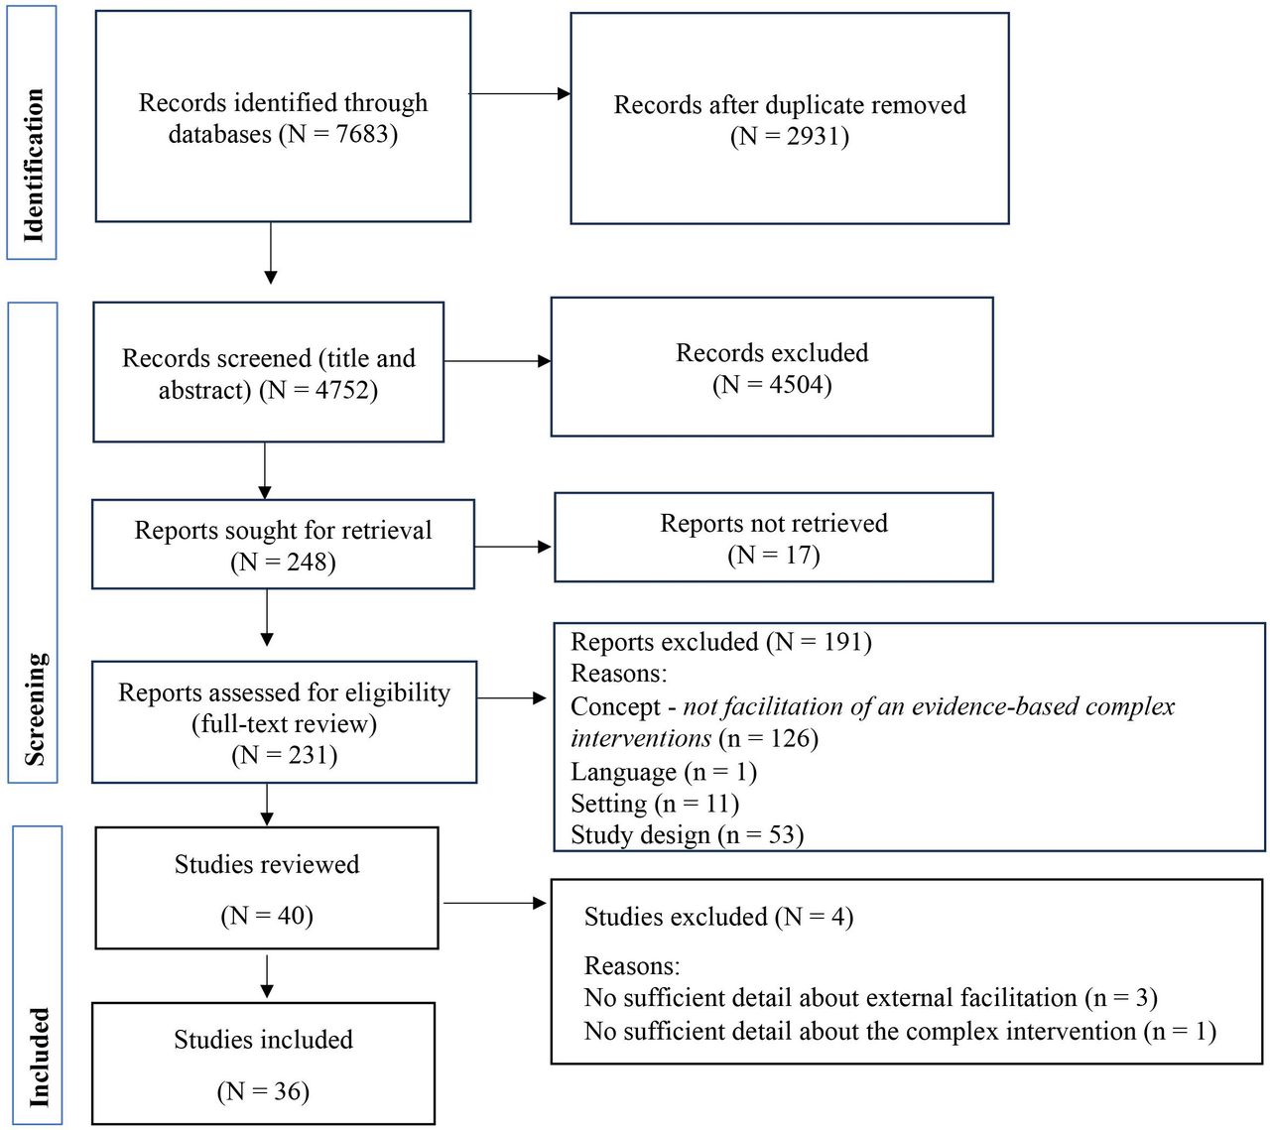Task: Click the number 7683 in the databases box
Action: coord(362,134)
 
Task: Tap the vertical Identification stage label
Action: coord(33,165)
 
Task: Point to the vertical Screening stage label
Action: coord(35,708)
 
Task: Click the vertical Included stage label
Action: coord(39,1058)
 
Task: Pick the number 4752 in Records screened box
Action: coord(342,390)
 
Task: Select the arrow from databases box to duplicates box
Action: coord(520,94)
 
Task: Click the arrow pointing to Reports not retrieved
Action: coord(513,547)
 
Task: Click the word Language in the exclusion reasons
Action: coord(624,772)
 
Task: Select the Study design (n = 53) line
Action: coord(687,834)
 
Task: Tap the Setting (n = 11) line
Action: coord(655,804)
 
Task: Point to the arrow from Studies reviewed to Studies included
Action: coord(267,976)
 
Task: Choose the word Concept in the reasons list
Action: coord(615,707)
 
